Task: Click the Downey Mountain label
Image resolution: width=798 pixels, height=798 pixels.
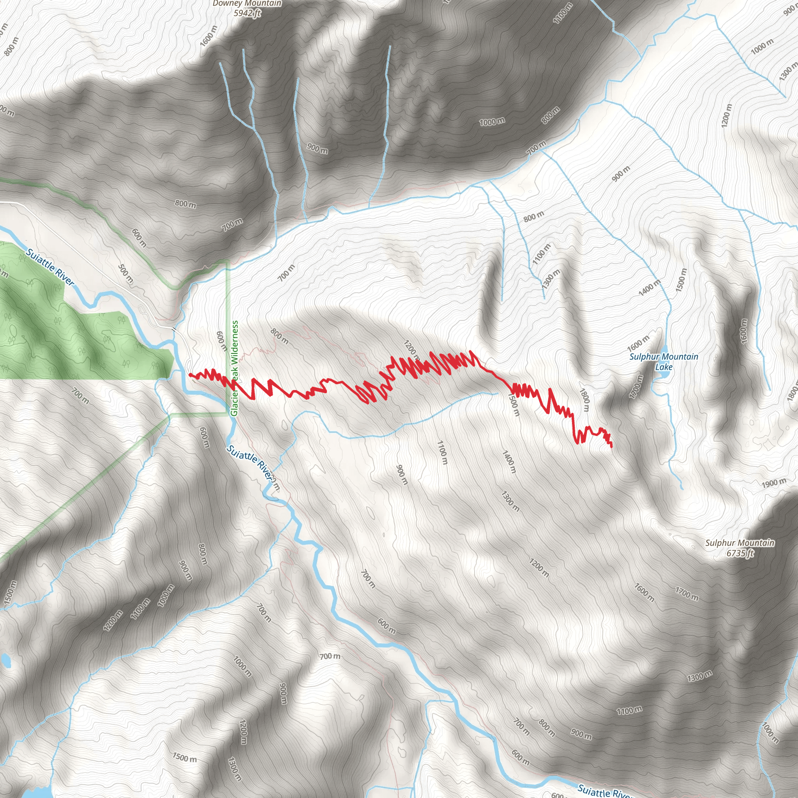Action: (x=247, y=4)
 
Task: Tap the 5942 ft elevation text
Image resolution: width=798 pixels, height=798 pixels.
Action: (x=247, y=13)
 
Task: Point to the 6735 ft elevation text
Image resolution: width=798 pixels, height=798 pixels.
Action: (x=740, y=553)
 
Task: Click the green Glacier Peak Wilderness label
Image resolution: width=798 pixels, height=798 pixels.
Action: (x=235, y=369)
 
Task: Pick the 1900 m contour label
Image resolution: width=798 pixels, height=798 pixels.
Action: (x=774, y=483)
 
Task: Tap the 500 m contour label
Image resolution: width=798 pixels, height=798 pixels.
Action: (x=126, y=274)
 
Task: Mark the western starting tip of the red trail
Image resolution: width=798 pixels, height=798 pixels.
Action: (x=190, y=374)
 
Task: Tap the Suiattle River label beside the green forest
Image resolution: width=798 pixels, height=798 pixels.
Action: (x=49, y=267)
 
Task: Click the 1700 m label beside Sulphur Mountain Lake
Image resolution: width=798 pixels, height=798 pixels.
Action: (x=636, y=387)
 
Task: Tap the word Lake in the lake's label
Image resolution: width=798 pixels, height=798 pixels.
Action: (x=664, y=367)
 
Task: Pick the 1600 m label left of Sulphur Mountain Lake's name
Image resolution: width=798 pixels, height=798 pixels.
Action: (x=638, y=343)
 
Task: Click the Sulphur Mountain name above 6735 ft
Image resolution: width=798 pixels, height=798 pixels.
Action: (x=740, y=543)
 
